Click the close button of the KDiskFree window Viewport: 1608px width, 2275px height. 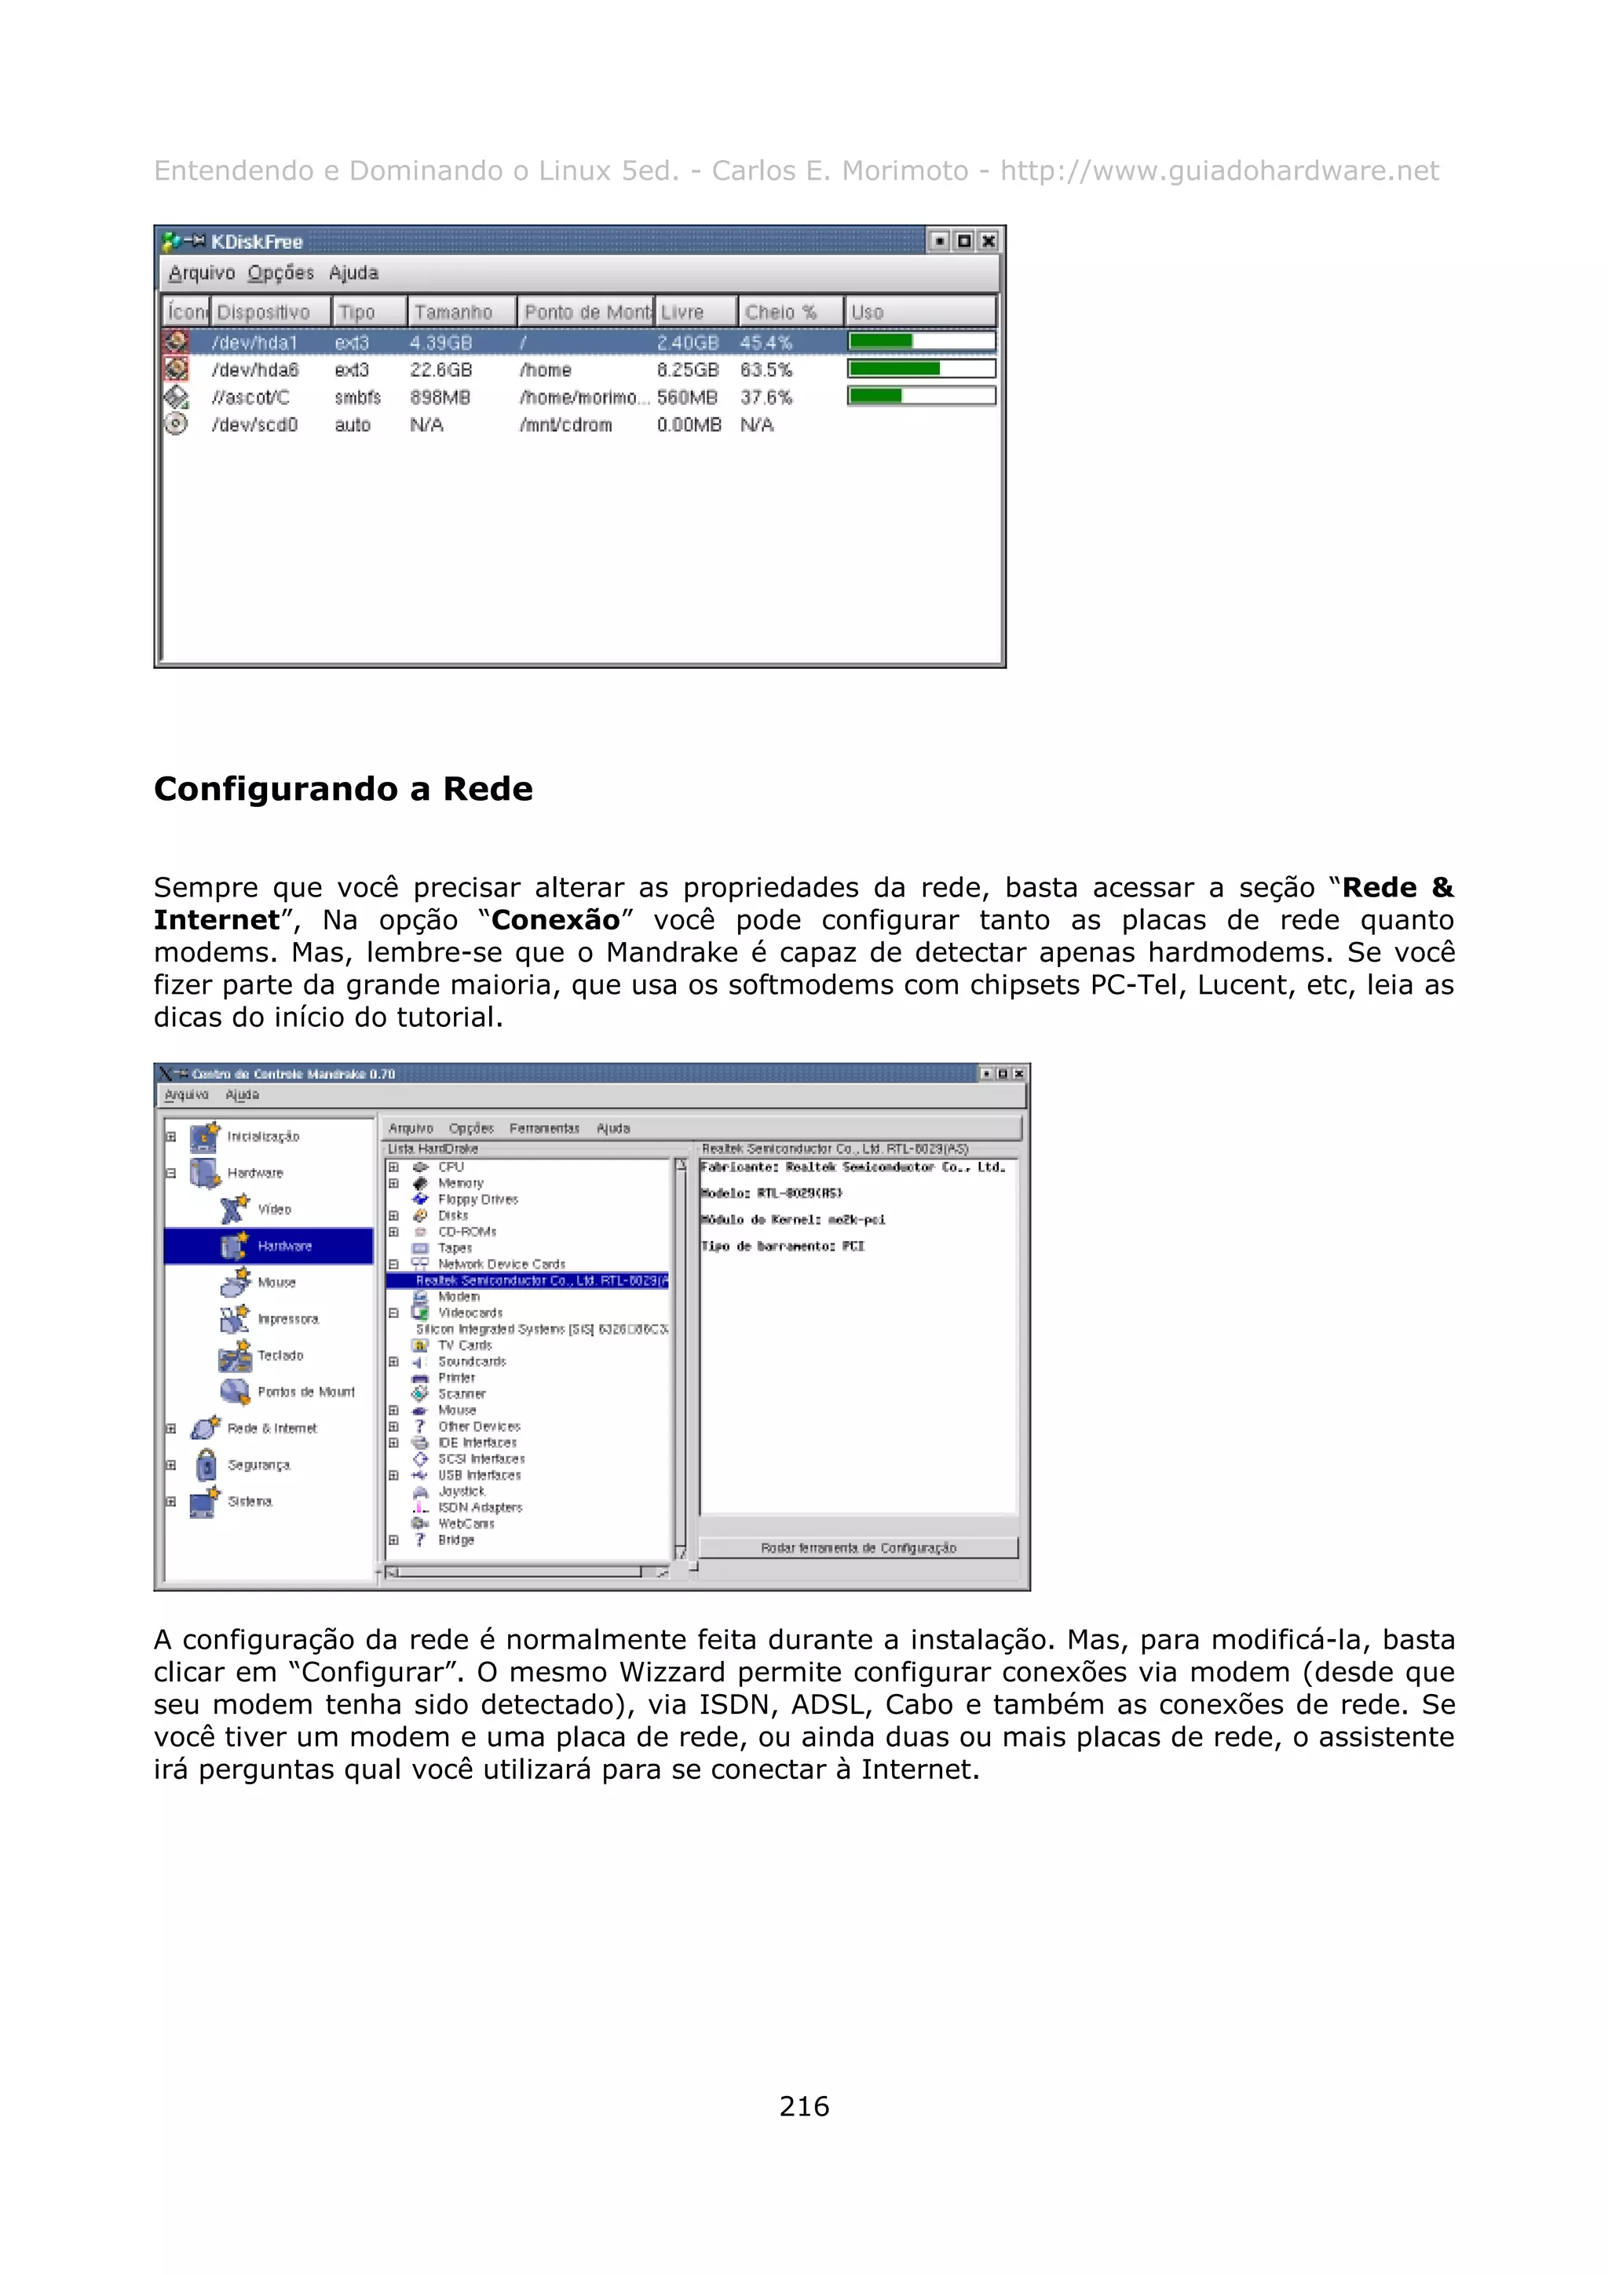coord(988,241)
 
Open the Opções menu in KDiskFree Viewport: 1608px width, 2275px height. coord(280,272)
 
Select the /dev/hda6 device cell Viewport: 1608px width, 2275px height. coord(254,370)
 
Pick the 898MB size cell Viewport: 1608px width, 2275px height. coord(440,397)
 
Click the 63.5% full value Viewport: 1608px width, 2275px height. coord(766,370)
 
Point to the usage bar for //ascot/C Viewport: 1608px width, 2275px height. coord(920,396)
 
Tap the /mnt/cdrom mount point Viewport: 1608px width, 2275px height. coord(566,425)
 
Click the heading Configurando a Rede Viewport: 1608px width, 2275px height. coord(343,789)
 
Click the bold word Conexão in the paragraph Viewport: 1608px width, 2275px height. coord(555,919)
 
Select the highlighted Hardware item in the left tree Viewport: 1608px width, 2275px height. coord(283,1246)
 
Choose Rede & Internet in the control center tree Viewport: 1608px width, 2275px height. coord(272,1428)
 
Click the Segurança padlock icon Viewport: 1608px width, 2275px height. coord(206,1465)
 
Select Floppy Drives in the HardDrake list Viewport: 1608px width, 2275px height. coord(477,1199)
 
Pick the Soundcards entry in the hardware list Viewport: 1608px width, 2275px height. coord(472,1361)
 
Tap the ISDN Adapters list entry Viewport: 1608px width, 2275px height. coord(480,1507)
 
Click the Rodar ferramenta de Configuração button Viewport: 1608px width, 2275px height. coord(858,1548)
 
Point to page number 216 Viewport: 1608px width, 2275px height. coord(803,2105)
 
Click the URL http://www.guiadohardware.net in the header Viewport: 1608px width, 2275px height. coord(1219,171)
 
